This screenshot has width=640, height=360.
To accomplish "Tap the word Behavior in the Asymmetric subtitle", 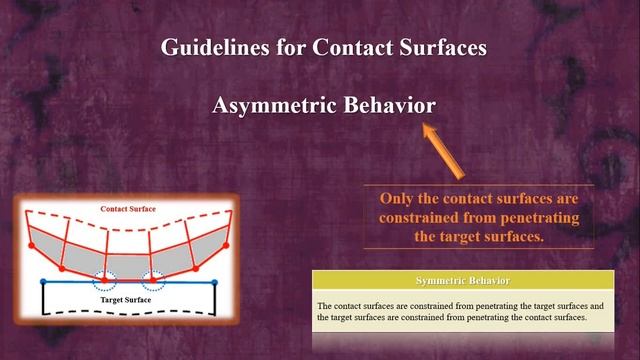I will pyautogui.click(x=390, y=106).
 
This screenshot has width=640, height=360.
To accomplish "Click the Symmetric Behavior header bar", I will pyautogui.click(x=462, y=279).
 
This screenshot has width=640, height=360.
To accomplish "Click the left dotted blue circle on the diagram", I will pyautogui.click(x=105, y=279).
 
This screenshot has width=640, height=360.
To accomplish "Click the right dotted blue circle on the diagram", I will pyautogui.click(x=157, y=279).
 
